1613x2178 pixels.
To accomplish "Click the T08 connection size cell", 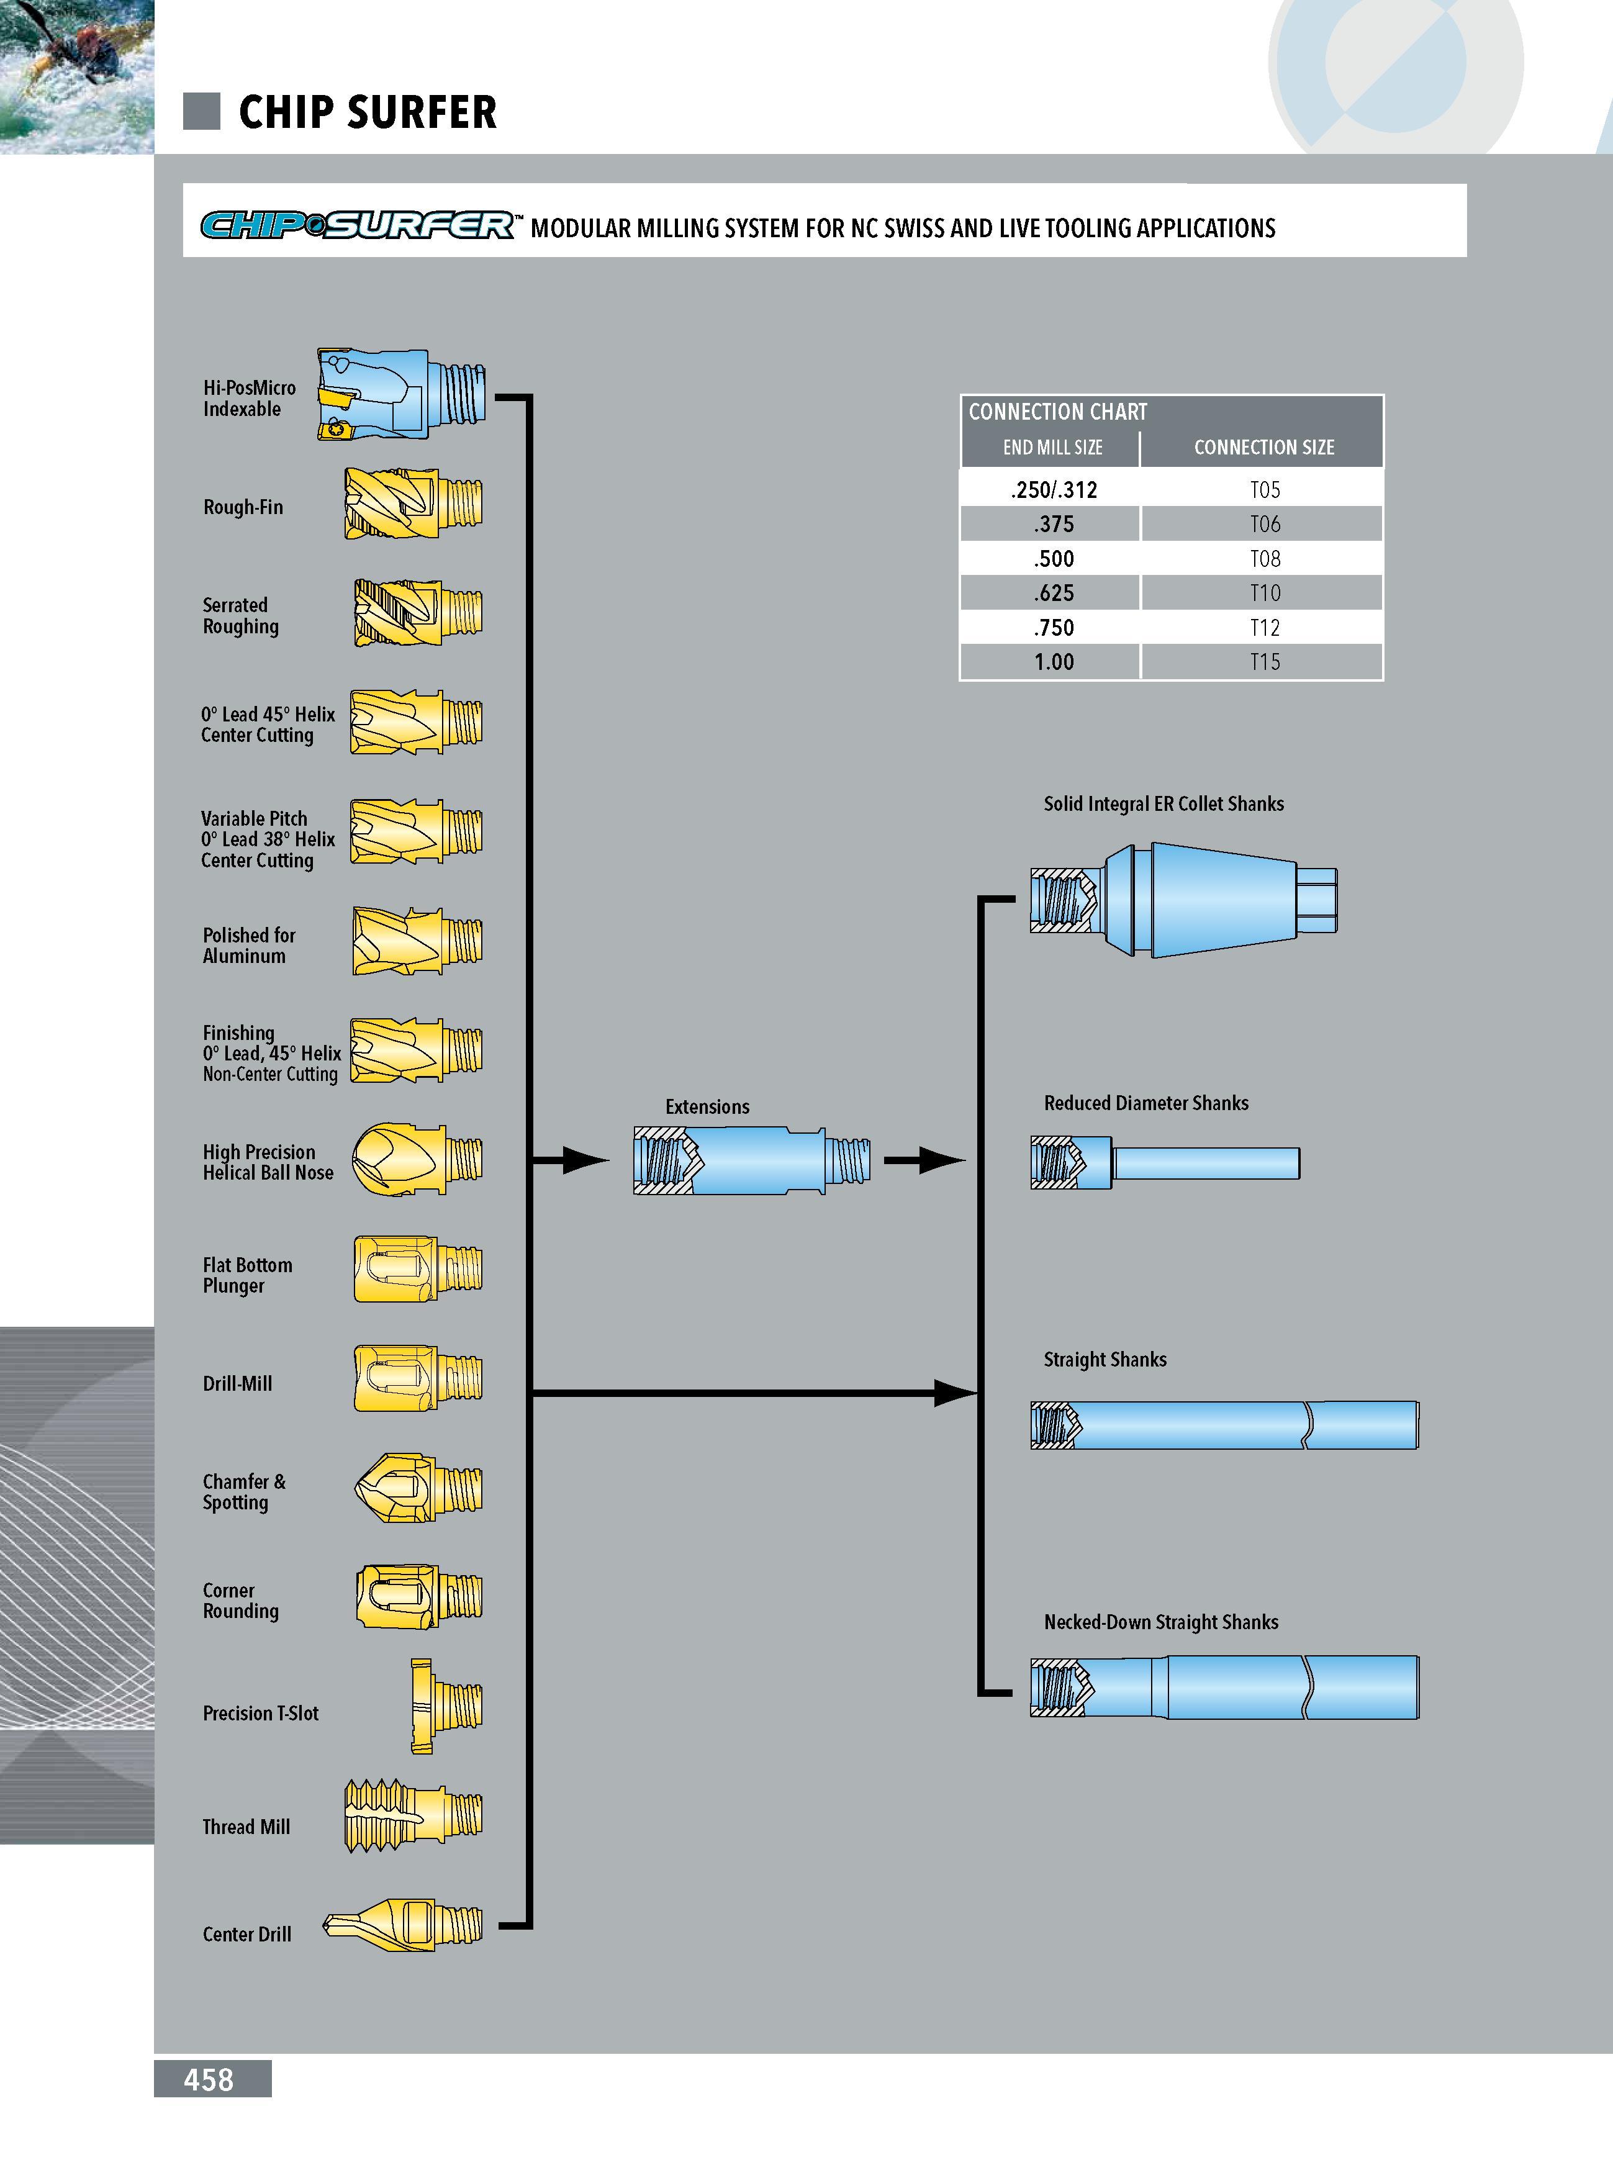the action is pyautogui.click(x=1265, y=558).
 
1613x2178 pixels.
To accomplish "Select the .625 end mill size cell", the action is pyautogui.click(x=1054, y=592).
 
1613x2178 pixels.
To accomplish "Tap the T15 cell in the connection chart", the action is pyautogui.click(x=1265, y=662).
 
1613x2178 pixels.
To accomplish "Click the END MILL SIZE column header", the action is pyautogui.click(x=1052, y=447).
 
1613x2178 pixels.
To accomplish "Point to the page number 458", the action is pyautogui.click(x=209, y=2079).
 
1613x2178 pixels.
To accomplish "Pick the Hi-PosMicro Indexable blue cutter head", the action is pyautogui.click(x=401, y=394).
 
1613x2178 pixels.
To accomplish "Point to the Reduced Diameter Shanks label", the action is pyautogui.click(x=1146, y=1103).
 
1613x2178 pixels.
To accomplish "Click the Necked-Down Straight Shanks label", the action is pyautogui.click(x=1161, y=1622).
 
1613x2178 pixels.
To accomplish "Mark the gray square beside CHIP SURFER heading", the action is pyautogui.click(x=202, y=111).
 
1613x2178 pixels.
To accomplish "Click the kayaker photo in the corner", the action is pyautogui.click(x=77, y=76).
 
